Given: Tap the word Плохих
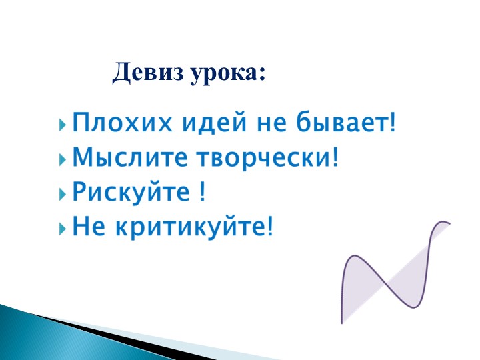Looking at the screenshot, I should pos(113,124).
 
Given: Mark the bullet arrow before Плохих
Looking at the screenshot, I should pos(63,125).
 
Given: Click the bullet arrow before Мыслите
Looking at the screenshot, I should pos(63,159).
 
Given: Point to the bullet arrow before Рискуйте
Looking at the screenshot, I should pos(63,194).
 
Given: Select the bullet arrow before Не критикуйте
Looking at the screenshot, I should pos(63,229).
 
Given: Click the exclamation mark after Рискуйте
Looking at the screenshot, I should pos(202,193).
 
